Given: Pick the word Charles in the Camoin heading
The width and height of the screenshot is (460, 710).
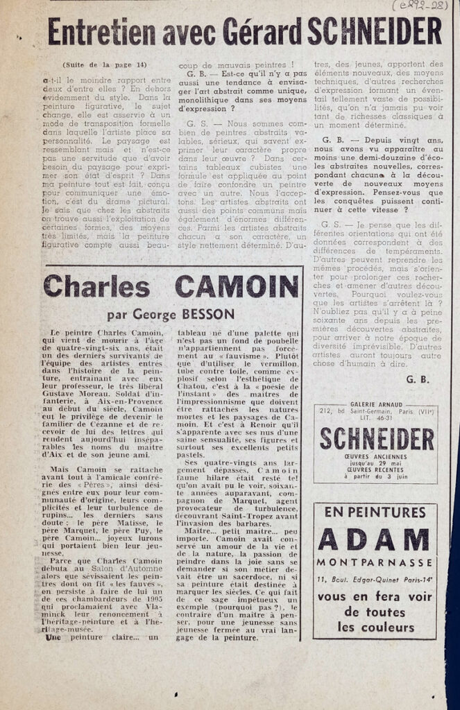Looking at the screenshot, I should pyautogui.click(x=96, y=286).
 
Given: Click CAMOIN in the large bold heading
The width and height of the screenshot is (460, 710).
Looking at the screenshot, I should pyautogui.click(x=236, y=286).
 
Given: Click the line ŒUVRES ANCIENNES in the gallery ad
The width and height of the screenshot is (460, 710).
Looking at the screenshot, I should pyautogui.click(x=375, y=457).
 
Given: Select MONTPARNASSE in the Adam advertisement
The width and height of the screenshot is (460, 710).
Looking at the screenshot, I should pyautogui.click(x=375, y=562).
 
